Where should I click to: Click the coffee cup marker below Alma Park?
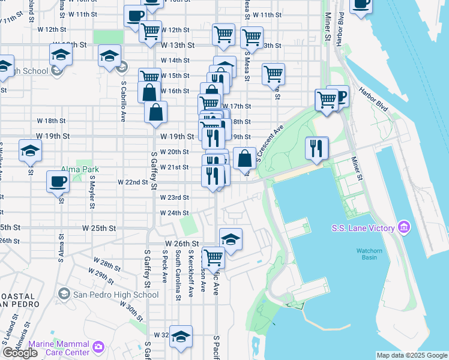click(x=58, y=182)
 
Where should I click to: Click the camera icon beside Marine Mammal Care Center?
click(x=98, y=346)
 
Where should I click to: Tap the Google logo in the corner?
click(x=20, y=353)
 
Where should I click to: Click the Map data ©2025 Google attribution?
click(x=411, y=355)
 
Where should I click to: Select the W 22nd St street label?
click(x=133, y=182)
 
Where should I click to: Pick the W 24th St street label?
click(x=174, y=213)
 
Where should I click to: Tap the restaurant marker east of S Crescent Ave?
click(x=316, y=148)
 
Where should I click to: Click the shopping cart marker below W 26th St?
click(x=213, y=258)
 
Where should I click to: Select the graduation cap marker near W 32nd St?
click(x=181, y=337)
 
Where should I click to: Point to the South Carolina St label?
click(x=178, y=275)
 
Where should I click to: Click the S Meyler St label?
click(x=92, y=193)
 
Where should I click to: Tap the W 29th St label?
click(x=103, y=276)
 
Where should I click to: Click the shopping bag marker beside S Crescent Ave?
click(x=244, y=159)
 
